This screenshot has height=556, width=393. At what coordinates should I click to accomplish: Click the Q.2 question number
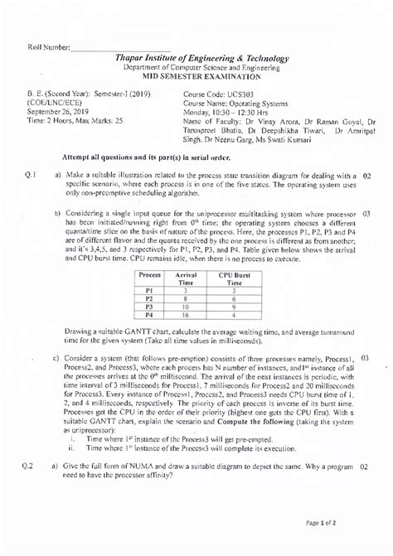[x=28, y=490]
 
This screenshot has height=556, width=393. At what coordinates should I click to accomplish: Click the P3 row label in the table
[x=151, y=306]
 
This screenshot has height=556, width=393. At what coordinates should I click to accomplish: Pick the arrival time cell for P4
[x=186, y=315]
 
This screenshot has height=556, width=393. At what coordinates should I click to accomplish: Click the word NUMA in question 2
[x=149, y=490]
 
